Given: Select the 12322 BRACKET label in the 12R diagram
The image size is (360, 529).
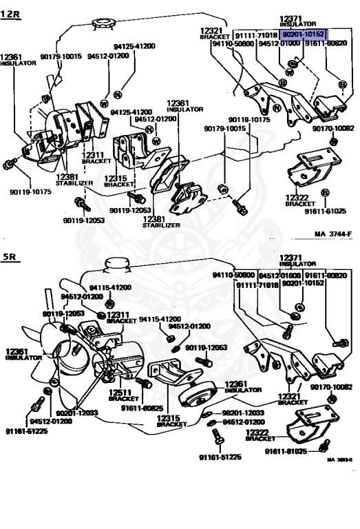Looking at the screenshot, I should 299,200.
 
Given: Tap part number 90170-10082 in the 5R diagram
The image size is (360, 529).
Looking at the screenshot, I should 331,387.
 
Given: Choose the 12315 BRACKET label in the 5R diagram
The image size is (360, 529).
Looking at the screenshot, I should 171,420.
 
